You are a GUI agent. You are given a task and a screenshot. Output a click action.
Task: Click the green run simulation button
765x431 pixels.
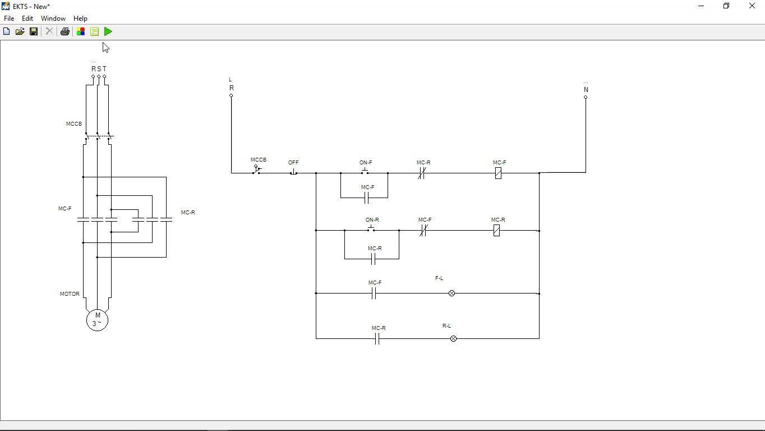[x=108, y=32]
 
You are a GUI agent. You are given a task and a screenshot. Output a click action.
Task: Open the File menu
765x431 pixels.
[x=9, y=19]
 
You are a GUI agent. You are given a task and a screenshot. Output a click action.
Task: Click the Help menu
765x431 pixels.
[x=80, y=19]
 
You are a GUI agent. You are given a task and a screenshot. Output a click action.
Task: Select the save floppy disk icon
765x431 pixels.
[x=34, y=32]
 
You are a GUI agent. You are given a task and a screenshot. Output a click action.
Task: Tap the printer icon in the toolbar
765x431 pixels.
[x=65, y=32]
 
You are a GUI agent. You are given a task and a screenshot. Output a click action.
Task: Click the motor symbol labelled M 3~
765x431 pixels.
[x=98, y=320]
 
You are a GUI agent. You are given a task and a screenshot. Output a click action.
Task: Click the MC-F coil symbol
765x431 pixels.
[x=498, y=173]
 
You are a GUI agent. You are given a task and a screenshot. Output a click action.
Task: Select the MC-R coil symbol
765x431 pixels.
[x=496, y=230]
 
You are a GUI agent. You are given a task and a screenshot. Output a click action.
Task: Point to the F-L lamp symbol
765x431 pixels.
[x=451, y=294]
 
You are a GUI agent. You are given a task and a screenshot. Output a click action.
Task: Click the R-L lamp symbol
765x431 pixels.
[x=453, y=339]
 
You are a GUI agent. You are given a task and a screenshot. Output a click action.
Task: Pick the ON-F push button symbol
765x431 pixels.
[x=365, y=171]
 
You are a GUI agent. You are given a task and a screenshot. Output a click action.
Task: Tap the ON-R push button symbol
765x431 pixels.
[x=371, y=228]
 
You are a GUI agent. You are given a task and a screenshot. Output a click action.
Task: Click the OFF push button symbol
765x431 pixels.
[x=293, y=172]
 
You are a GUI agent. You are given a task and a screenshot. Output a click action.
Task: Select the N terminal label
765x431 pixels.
[x=586, y=90]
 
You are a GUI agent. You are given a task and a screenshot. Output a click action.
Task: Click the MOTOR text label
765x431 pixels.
[x=70, y=294]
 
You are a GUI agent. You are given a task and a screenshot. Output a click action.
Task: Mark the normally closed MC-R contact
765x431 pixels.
[x=421, y=173]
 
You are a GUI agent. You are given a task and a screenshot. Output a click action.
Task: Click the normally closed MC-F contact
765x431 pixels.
[x=423, y=230]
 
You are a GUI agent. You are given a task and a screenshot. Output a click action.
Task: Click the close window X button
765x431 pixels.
[x=752, y=6]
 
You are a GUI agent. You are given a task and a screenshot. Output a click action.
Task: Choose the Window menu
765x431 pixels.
[x=53, y=19]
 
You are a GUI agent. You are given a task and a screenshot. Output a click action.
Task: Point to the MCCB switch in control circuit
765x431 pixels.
[x=257, y=169]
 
